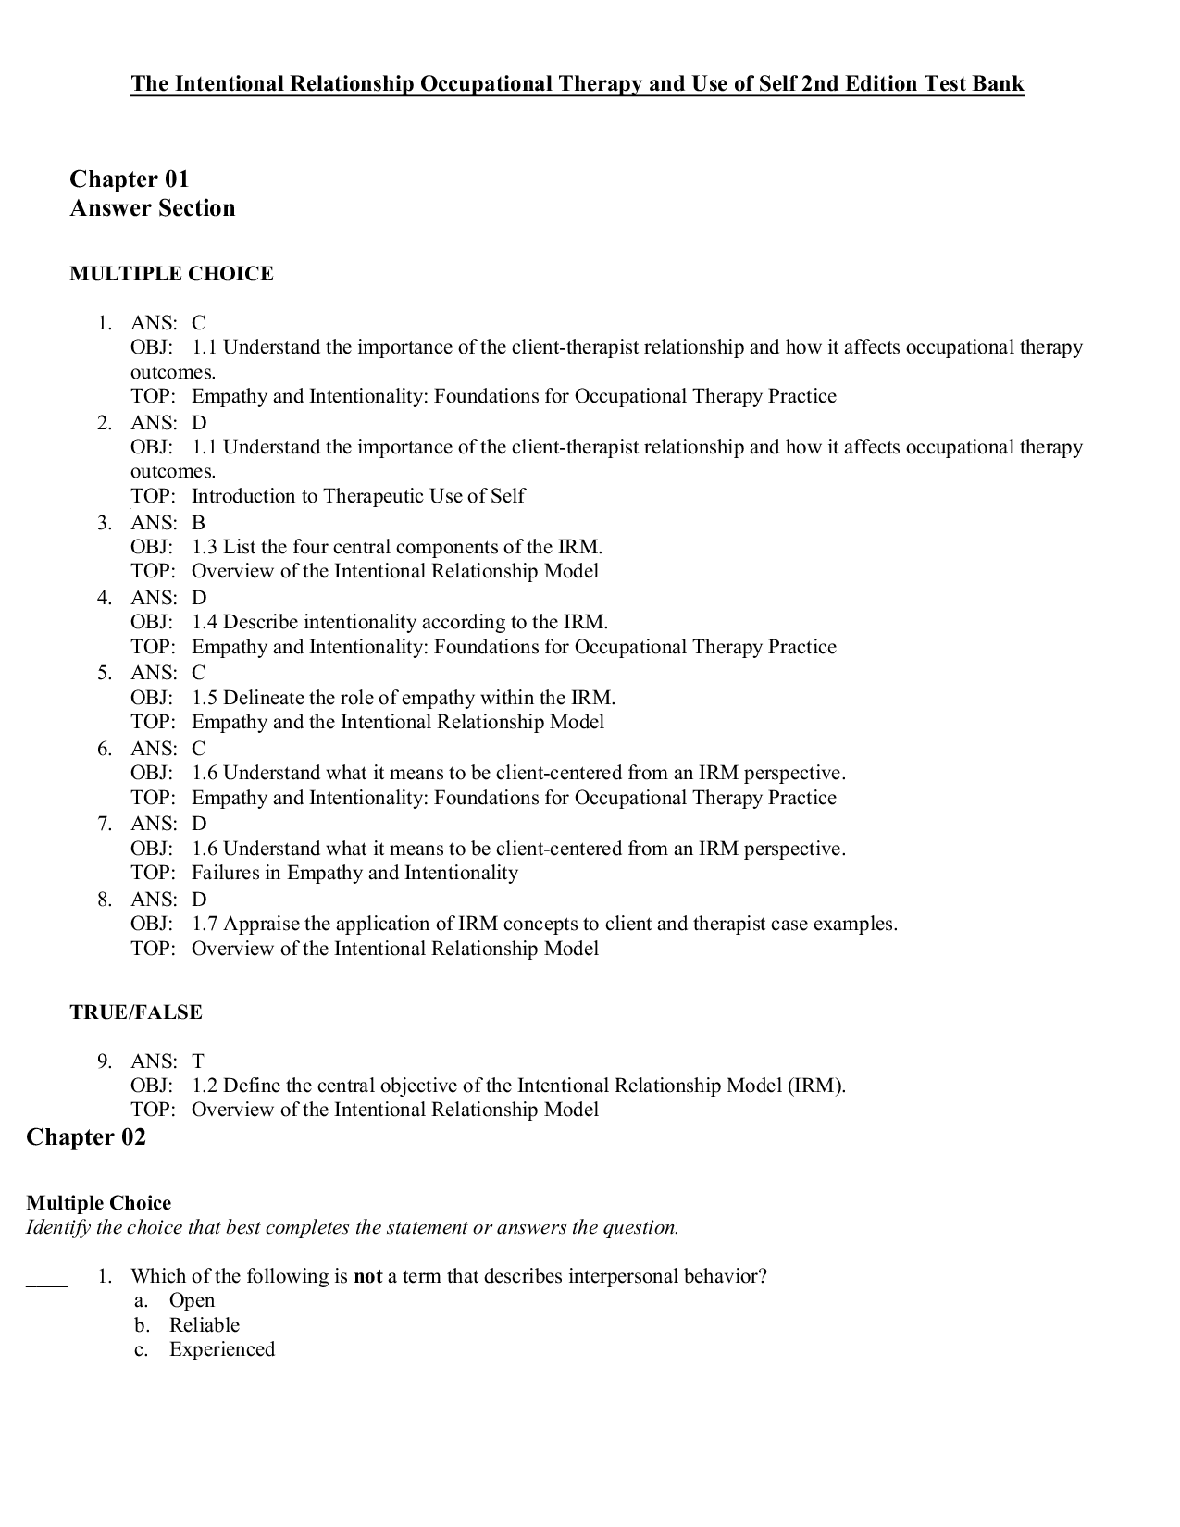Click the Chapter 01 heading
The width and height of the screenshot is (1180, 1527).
coord(130,179)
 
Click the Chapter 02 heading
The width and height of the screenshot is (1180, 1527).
coord(86,1136)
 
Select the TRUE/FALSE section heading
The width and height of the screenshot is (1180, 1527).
coord(136,1012)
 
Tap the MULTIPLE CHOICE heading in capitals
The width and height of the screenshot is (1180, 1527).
coord(172,274)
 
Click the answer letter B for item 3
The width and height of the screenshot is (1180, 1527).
coord(198,523)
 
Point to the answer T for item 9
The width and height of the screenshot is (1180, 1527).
coord(198,1061)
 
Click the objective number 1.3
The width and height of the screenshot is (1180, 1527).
coord(205,547)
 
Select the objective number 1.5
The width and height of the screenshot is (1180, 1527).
coord(205,698)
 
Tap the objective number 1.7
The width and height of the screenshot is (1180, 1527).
coord(205,924)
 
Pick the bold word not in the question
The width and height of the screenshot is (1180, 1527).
coord(367,1276)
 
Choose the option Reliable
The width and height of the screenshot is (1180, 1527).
coord(205,1325)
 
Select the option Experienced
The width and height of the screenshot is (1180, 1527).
coord(222,1349)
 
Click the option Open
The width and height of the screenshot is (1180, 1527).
coord(192,1300)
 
